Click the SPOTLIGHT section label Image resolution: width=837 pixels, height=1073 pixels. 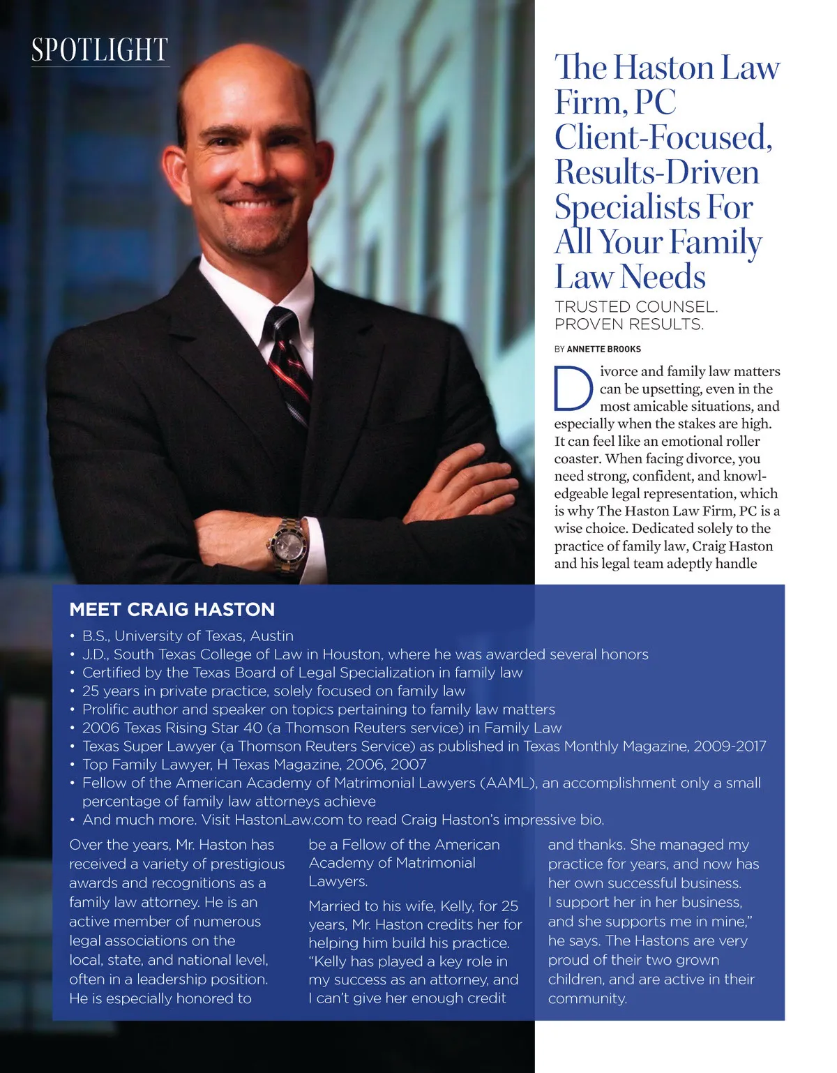coord(100,50)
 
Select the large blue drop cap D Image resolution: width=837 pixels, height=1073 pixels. coord(573,388)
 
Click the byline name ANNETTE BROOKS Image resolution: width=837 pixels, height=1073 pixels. coord(603,349)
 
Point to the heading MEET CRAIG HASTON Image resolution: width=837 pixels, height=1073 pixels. coord(172,610)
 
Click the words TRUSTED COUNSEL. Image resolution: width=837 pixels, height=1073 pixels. coord(635,307)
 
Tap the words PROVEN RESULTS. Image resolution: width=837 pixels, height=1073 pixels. coord(628,324)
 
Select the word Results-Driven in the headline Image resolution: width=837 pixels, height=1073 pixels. coord(656,172)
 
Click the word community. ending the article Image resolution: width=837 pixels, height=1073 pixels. coord(587,998)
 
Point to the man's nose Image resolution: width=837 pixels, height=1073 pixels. coord(248,167)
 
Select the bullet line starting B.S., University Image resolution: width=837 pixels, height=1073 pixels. coord(188,636)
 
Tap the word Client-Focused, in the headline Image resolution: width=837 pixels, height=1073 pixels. coord(663,137)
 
